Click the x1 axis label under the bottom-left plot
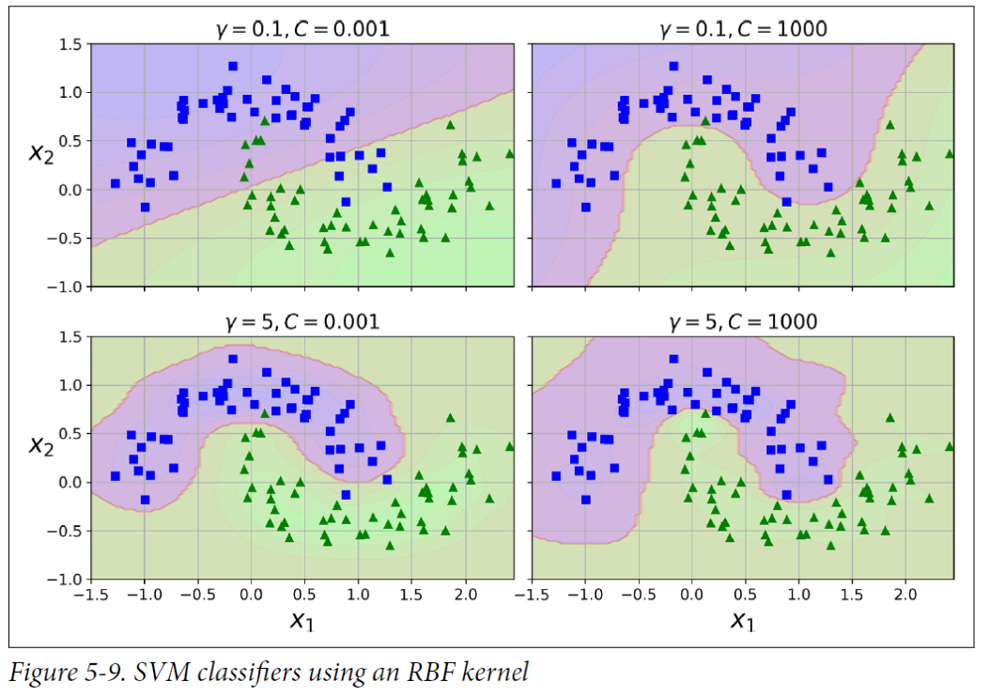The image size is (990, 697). pos(302,620)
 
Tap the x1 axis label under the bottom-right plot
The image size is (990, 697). pos(743,620)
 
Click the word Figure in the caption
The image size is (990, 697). pos(39,672)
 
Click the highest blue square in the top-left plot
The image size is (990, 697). pos(232,66)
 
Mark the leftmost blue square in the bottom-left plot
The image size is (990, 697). pos(115,476)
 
